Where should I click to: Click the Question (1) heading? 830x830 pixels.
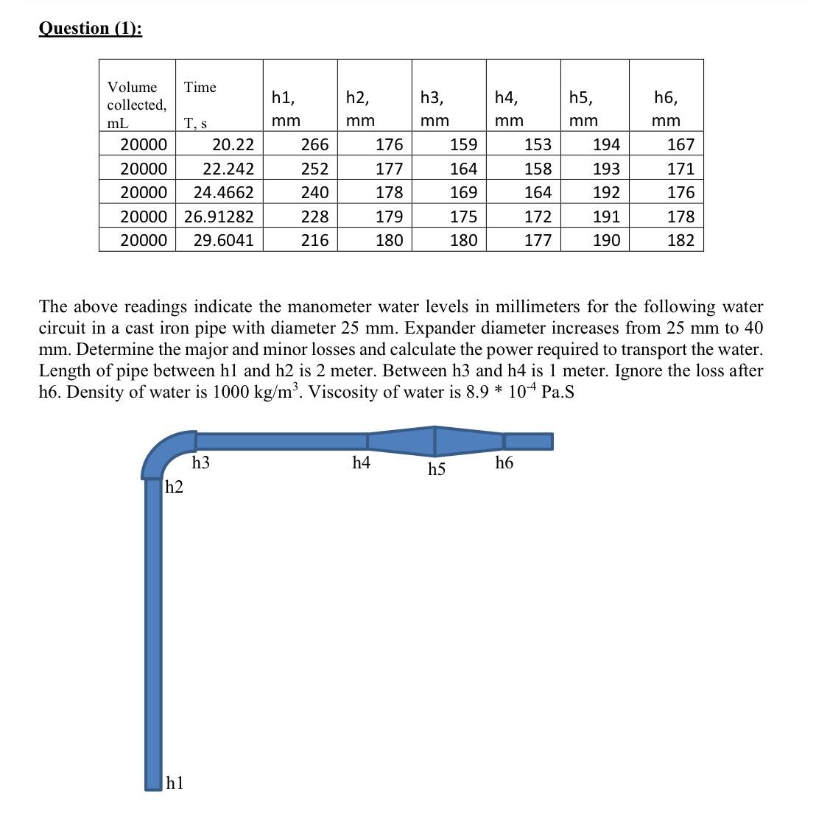click(x=90, y=28)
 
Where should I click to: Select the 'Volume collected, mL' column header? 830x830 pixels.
click(x=137, y=105)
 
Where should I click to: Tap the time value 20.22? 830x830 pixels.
click(x=233, y=144)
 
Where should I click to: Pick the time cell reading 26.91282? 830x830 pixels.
click(x=219, y=217)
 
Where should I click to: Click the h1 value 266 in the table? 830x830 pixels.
click(x=314, y=144)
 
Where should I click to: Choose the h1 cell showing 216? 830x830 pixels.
click(x=314, y=240)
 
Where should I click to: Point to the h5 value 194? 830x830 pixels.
click(x=606, y=144)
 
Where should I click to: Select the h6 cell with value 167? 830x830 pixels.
click(x=680, y=144)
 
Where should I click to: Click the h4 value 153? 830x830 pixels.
click(x=538, y=144)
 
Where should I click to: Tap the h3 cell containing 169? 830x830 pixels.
click(x=463, y=192)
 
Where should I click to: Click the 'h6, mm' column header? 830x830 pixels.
click(x=666, y=108)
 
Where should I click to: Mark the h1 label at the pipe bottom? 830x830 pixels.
click(x=175, y=782)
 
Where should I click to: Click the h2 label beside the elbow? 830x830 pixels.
click(x=175, y=487)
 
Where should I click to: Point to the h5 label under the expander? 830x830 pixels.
click(x=437, y=469)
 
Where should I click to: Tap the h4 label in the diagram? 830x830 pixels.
click(x=361, y=463)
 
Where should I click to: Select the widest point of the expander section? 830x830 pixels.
click(x=435, y=440)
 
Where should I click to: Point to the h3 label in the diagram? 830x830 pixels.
click(x=200, y=463)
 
